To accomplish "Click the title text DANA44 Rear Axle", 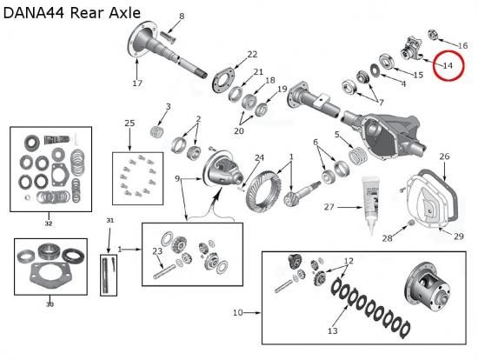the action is tap(72, 13).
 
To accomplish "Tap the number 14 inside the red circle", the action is tap(448, 65).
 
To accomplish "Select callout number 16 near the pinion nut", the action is tap(462, 46).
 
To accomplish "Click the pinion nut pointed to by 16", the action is tap(433, 35).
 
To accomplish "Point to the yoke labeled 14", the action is tap(411, 48).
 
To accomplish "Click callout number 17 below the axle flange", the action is tap(137, 83).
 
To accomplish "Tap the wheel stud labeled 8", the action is tap(167, 37).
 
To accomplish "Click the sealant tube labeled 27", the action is tap(369, 204).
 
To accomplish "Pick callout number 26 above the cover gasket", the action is tap(444, 157).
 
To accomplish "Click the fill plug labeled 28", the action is tap(411, 223).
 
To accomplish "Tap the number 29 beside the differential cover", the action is tap(459, 237).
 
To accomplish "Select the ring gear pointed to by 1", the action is tap(263, 191).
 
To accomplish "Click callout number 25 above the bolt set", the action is tap(129, 123).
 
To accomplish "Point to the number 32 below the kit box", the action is tap(49, 223).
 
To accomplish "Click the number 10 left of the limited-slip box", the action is tap(238, 313).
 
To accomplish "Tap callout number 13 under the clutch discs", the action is tap(333, 330).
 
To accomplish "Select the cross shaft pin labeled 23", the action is tap(164, 271).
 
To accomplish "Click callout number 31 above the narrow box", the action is tap(110, 220).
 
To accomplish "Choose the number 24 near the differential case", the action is tap(259, 157).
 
